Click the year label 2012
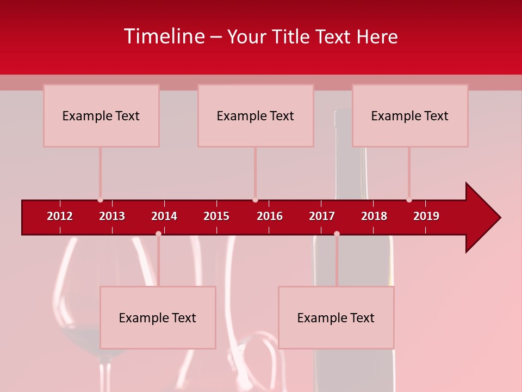point(60,216)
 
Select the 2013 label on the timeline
point(112,216)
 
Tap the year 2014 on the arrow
point(164,216)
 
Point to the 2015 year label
point(216,216)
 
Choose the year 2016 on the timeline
point(270,216)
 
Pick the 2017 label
point(322,216)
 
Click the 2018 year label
point(374,216)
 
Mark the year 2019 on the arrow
point(426,216)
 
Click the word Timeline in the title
point(164,36)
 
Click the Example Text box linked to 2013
point(101,115)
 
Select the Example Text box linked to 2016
point(256,115)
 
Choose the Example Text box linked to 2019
point(410,115)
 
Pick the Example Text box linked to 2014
point(158,317)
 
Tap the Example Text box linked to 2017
point(336,317)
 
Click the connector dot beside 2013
point(100,200)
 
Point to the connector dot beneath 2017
point(337,234)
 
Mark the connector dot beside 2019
point(409,200)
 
